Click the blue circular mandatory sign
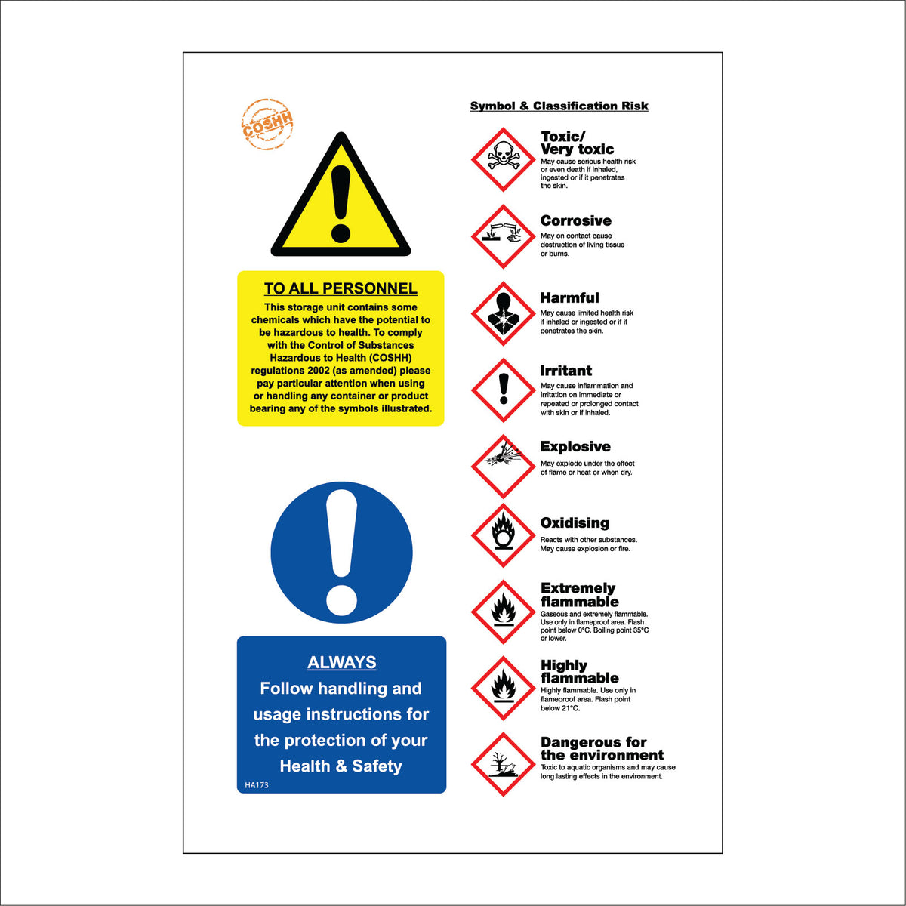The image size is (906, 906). pyautogui.click(x=341, y=552)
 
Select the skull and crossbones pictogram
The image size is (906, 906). pyautogui.click(x=503, y=159)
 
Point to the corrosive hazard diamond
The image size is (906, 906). pyautogui.click(x=503, y=236)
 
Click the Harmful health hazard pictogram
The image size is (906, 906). pyautogui.click(x=503, y=313)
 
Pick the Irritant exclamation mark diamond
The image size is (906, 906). pyautogui.click(x=503, y=390)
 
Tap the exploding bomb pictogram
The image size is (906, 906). pyautogui.click(x=503, y=466)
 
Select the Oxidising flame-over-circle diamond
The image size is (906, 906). pyautogui.click(x=503, y=535)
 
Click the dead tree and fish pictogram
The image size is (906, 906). pyautogui.click(x=503, y=764)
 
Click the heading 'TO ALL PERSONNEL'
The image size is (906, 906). pyautogui.click(x=341, y=288)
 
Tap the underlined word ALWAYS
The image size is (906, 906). pyautogui.click(x=341, y=662)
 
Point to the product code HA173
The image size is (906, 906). pyautogui.click(x=257, y=785)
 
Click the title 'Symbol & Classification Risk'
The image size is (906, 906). pyautogui.click(x=559, y=106)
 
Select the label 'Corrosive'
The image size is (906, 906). pyautogui.click(x=575, y=221)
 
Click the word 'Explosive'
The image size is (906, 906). pyautogui.click(x=575, y=447)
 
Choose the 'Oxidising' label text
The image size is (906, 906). pyautogui.click(x=575, y=523)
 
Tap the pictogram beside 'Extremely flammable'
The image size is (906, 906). pyautogui.click(x=503, y=612)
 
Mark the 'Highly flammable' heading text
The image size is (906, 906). pyautogui.click(x=579, y=672)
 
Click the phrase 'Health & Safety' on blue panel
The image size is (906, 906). pyautogui.click(x=341, y=766)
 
